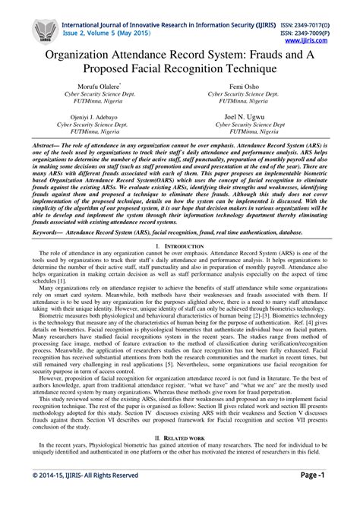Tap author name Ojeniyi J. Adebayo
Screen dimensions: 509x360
pos(99,119)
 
